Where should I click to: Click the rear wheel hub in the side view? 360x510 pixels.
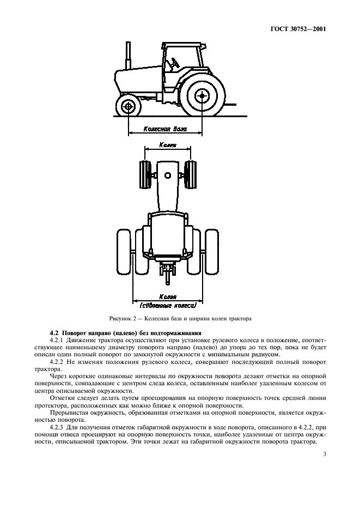pyautogui.click(x=203, y=96)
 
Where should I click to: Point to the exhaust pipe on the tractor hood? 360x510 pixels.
pyautogui.click(x=129, y=54)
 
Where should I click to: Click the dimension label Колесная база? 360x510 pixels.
pyautogui.click(x=164, y=130)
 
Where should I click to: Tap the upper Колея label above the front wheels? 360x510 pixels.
pyautogui.click(x=167, y=145)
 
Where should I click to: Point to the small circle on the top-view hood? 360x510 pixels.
pyautogui.click(x=167, y=175)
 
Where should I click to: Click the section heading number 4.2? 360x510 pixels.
pyautogui.click(x=54, y=332)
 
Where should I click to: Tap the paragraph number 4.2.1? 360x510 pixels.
pyautogui.click(x=58, y=340)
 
